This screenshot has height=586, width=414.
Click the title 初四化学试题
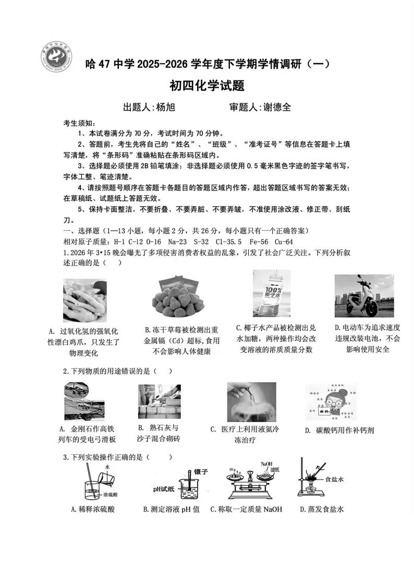207,85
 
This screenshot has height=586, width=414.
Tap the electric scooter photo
363,295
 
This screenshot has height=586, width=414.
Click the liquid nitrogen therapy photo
251,402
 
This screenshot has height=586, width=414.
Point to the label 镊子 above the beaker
201,471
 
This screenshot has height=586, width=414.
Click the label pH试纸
163,489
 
